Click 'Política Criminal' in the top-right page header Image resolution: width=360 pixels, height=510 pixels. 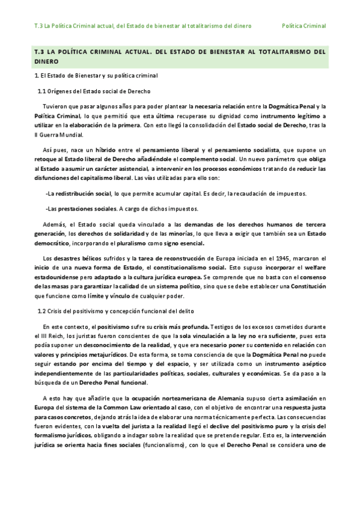pos(304,26)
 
